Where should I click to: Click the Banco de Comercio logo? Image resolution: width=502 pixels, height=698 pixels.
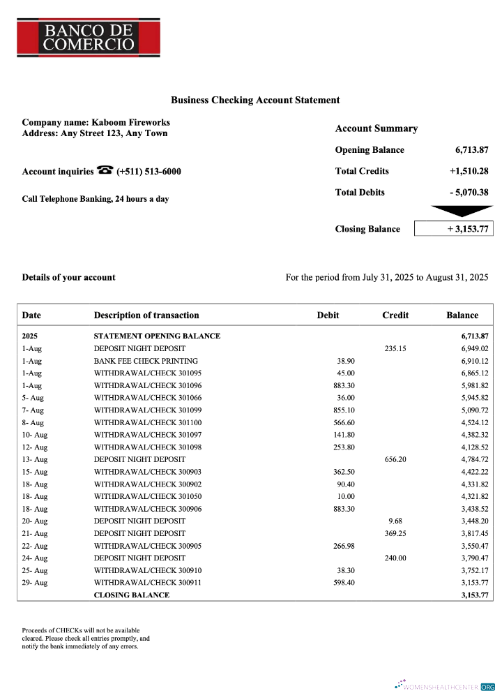(89, 37)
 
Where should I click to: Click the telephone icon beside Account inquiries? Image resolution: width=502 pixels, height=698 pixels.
(105, 170)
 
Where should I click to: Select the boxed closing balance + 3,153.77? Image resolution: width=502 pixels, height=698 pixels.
(453, 229)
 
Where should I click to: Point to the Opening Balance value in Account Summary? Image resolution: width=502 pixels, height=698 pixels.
(471, 150)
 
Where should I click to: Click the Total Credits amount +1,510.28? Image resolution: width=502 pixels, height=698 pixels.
(469, 171)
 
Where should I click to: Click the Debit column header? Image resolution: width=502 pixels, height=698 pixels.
(328, 315)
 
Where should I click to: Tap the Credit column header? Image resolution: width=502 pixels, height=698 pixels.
(395, 315)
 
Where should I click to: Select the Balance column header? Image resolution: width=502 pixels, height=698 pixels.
(462, 315)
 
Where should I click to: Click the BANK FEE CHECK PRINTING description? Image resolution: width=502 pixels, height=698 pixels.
(146, 361)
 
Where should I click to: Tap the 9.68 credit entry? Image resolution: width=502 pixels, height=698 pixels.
(395, 521)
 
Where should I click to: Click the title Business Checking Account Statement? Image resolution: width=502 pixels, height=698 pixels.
(255, 101)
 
